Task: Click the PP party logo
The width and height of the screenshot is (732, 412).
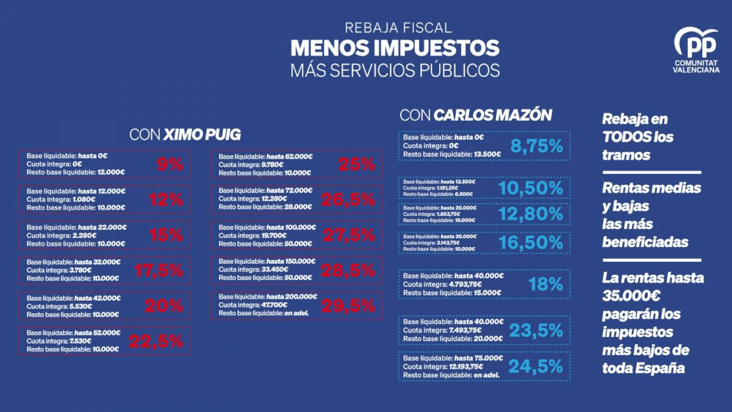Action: (x=695, y=43)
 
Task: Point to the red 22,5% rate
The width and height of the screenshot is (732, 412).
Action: (x=156, y=342)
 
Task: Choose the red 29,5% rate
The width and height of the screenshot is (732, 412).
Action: (x=349, y=306)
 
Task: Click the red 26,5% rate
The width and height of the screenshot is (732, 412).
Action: (x=349, y=200)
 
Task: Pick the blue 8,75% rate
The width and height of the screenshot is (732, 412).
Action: (x=536, y=146)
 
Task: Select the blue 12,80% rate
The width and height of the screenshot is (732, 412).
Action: (x=531, y=214)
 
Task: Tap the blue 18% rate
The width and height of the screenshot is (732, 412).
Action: (x=546, y=284)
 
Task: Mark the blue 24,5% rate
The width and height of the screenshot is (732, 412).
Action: (x=535, y=366)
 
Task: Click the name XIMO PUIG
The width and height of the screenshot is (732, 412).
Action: (x=203, y=135)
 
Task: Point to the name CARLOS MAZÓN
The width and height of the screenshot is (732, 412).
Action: (x=493, y=115)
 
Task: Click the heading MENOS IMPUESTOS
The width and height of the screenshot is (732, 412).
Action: (x=395, y=48)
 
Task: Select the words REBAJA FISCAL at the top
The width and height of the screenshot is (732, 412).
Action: (x=398, y=27)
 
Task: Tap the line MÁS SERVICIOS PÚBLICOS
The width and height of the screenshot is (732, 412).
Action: (x=395, y=69)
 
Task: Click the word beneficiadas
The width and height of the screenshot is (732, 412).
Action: (x=645, y=242)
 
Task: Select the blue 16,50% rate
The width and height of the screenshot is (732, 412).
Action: (x=531, y=242)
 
